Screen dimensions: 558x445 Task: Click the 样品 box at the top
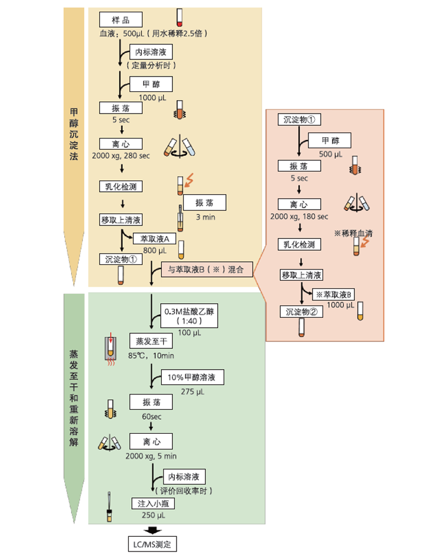(x=120, y=20)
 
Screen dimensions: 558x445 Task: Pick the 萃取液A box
(x=155, y=238)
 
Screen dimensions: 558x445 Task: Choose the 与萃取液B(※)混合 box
(x=207, y=270)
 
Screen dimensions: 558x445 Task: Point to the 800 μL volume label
(x=154, y=250)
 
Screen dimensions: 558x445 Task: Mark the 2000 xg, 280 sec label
(x=121, y=156)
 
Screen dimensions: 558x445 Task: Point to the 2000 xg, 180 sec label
(x=299, y=217)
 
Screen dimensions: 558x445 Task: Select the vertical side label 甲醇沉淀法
(x=74, y=139)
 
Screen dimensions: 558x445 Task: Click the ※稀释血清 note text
(x=353, y=234)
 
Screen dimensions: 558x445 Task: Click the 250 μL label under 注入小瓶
(x=152, y=515)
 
